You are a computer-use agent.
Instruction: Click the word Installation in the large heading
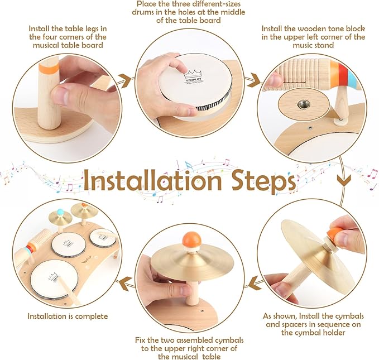tap(153, 180)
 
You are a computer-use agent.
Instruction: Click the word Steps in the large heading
tap(263, 181)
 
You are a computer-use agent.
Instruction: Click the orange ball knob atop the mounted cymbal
tap(192, 239)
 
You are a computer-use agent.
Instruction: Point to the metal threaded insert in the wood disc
tap(303, 104)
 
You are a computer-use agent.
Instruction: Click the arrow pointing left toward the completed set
tap(126, 283)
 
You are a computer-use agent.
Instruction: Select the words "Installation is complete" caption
tap(68, 316)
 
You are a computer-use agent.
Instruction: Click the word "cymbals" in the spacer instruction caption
tap(350, 316)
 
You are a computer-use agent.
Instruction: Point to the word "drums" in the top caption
tap(143, 12)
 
